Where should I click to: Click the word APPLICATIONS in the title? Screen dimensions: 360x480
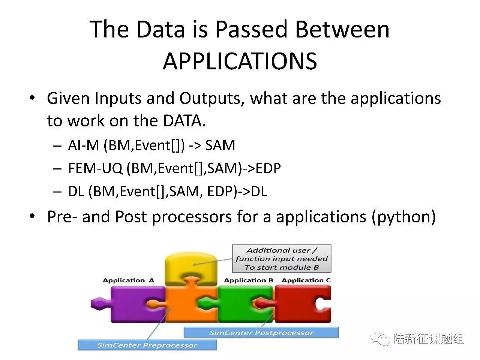click(x=240, y=61)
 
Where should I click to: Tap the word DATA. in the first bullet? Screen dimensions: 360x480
click(x=184, y=121)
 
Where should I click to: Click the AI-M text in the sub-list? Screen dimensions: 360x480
click(x=83, y=145)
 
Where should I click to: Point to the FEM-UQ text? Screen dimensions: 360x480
click(x=95, y=168)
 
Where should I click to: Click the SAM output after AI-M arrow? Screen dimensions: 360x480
click(x=220, y=145)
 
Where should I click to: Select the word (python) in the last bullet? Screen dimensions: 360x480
click(x=403, y=217)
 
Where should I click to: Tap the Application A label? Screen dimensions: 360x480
click(x=128, y=280)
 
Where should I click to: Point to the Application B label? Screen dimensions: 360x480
click(x=248, y=280)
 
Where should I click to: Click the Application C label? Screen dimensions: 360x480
click(x=306, y=280)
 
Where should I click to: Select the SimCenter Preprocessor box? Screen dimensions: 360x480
click(x=147, y=345)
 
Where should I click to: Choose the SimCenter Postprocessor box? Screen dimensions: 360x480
click(x=261, y=333)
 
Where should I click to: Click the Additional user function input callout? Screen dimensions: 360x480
click(x=282, y=259)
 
